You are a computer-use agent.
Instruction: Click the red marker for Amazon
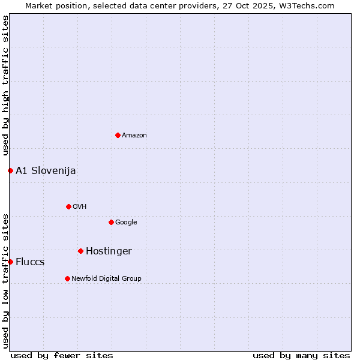(x=118, y=135)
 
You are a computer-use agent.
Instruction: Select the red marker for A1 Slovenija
(x=10, y=170)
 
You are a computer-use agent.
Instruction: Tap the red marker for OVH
(x=68, y=206)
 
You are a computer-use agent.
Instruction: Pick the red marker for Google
(x=111, y=222)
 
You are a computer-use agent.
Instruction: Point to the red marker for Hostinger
(x=80, y=251)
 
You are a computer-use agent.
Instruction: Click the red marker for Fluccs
(x=10, y=262)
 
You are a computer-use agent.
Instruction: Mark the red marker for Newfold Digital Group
(x=67, y=278)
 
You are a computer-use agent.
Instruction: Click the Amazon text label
(x=134, y=136)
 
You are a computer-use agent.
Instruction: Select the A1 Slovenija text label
(x=46, y=171)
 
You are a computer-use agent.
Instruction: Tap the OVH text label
(x=80, y=207)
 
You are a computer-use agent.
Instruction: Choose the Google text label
(x=126, y=223)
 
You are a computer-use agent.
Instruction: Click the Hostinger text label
(x=109, y=251)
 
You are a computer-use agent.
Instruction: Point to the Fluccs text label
(x=30, y=262)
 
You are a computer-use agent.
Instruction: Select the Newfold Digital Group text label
(x=106, y=279)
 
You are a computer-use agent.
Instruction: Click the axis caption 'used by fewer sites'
(x=62, y=355)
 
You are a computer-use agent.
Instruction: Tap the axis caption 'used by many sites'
(x=301, y=355)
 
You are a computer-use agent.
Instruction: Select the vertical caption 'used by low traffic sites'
(x=6, y=280)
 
